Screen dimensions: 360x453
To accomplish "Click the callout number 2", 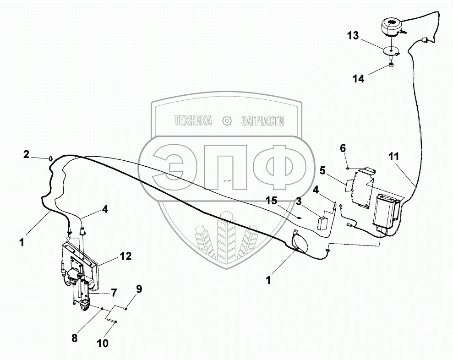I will click(x=27, y=154).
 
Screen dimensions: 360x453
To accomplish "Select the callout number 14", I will click(x=359, y=79).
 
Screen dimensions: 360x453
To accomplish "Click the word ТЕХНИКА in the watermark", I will click(x=192, y=121).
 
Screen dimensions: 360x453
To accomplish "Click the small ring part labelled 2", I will click(x=50, y=159).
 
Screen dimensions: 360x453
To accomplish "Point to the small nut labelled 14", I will click(x=390, y=65).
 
